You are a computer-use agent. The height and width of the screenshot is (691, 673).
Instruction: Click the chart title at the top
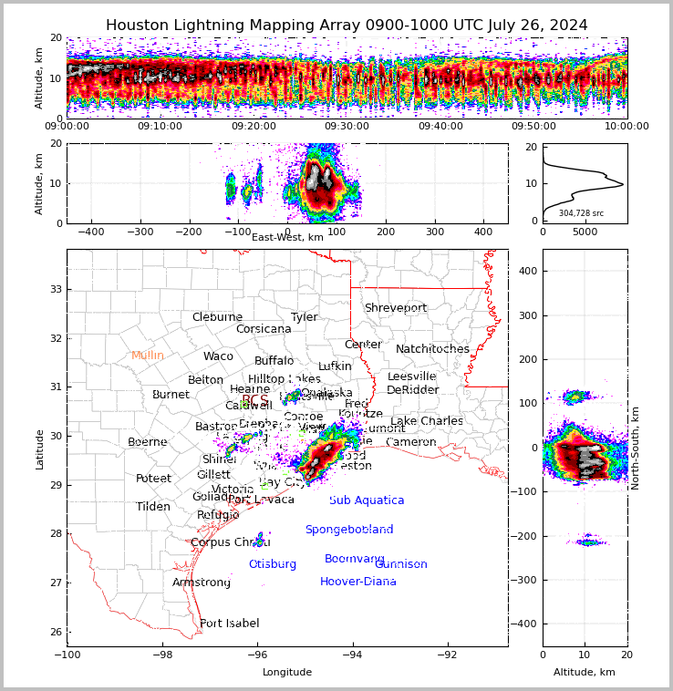coord(347,26)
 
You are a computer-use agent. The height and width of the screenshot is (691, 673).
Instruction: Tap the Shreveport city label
coord(396,308)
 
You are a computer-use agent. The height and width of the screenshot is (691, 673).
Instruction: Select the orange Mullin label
coord(148,356)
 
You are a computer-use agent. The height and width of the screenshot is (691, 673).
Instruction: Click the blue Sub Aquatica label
coord(367,500)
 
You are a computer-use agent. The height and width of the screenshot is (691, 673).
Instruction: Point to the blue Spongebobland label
coord(349,530)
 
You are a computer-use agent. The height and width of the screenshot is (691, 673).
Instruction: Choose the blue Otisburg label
coord(273,564)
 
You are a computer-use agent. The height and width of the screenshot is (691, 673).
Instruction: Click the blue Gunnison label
coord(401,564)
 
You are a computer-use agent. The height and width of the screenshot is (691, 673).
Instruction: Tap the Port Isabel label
coord(230,624)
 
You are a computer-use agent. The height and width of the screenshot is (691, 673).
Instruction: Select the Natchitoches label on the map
coord(432,349)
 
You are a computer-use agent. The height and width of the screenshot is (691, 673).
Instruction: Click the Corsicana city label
coord(264,329)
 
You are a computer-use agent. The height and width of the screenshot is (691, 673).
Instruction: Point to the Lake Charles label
coord(427,421)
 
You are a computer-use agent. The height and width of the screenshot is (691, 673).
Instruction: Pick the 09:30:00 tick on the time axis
coord(347,126)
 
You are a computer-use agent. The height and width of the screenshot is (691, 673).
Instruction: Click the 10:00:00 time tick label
coord(626,126)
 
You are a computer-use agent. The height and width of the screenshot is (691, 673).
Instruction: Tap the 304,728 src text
coord(581,213)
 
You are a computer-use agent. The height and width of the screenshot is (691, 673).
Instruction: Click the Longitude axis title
coord(287,673)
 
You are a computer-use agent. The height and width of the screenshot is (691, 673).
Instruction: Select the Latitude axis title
coord(39,449)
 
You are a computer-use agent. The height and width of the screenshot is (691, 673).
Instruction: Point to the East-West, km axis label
coord(287,237)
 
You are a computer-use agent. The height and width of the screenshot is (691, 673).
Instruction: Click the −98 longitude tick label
coord(161,655)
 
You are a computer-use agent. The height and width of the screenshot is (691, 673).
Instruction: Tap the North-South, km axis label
coord(636,448)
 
